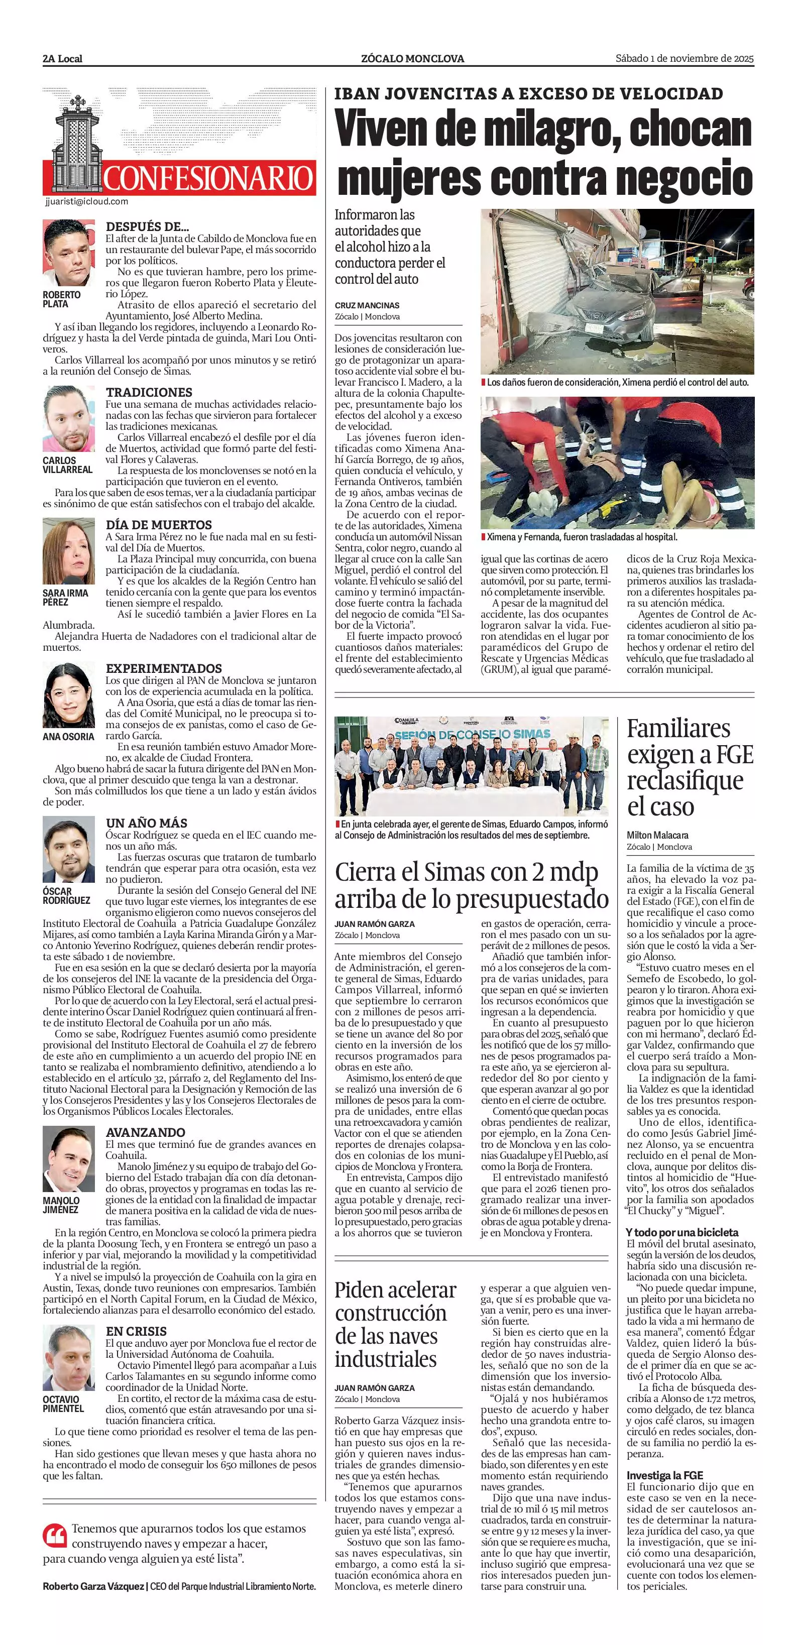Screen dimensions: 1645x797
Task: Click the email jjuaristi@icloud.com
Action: click(87, 201)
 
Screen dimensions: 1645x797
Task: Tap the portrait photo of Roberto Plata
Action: click(69, 253)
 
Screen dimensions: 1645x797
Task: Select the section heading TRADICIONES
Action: click(149, 392)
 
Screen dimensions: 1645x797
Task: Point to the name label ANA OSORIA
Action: click(68, 736)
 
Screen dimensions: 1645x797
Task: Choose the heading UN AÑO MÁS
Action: click(146, 822)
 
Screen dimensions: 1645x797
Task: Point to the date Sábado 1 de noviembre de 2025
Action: click(685, 58)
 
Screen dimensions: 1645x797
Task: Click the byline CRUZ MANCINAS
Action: click(367, 305)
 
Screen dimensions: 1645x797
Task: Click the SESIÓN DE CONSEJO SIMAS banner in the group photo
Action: click(471, 734)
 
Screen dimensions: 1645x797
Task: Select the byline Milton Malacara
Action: click(657, 835)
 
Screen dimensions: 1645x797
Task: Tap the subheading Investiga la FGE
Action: click(664, 1475)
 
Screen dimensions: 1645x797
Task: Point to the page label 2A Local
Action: click(63, 59)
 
